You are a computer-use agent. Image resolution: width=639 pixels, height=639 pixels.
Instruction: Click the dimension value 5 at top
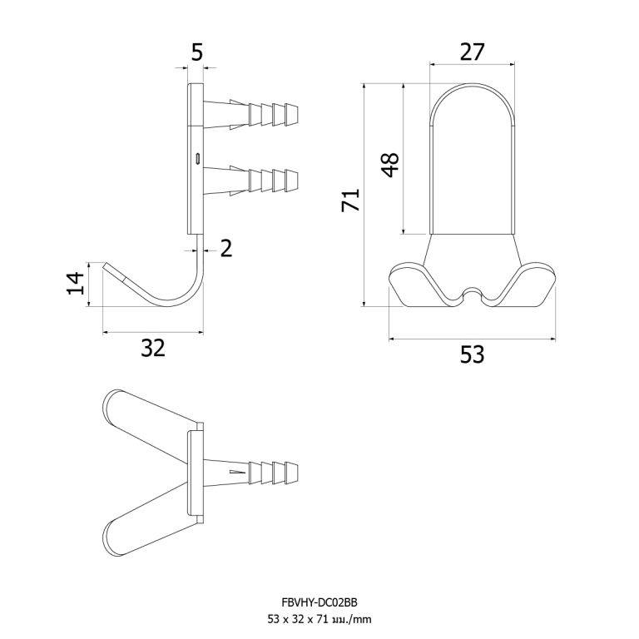197,52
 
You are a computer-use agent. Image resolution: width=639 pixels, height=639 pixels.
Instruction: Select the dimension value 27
472,52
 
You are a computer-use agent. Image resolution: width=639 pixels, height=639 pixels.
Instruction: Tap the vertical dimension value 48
390,165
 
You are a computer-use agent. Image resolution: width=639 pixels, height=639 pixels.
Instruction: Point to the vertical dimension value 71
350,200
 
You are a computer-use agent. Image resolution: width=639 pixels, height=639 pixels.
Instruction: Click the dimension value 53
473,354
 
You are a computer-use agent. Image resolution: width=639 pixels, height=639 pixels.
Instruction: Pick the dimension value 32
153,348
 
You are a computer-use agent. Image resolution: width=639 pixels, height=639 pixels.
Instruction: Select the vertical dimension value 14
76,283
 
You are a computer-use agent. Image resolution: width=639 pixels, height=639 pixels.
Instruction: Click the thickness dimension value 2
225,248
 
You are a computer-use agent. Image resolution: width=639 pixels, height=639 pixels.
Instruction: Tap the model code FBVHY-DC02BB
319,602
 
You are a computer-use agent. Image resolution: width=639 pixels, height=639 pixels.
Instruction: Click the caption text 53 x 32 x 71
298,619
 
